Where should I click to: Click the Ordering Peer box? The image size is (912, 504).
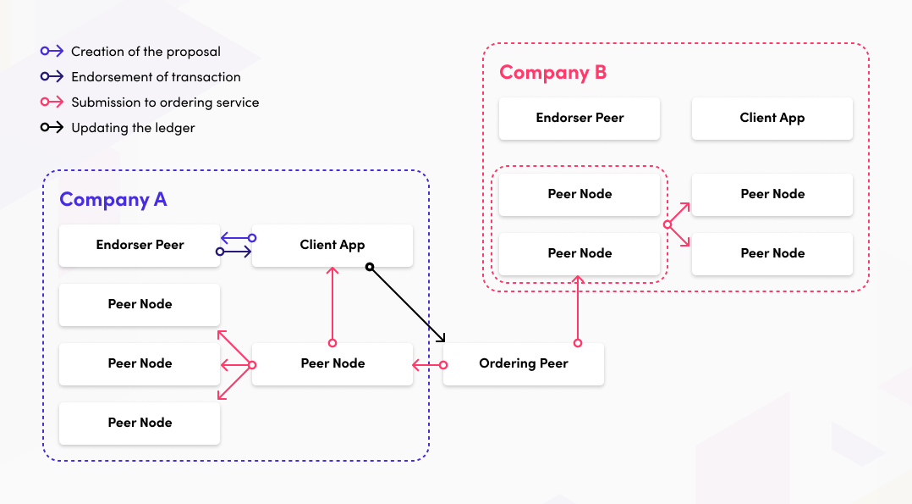523,364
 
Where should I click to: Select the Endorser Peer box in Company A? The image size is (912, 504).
140,246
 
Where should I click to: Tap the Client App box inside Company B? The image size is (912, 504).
772,119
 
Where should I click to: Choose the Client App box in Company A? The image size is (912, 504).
332,246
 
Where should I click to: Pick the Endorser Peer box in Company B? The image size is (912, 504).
580,119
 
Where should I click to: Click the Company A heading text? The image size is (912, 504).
113,200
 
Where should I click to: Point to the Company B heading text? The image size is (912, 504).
552,73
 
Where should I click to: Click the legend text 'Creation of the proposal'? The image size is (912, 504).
146,52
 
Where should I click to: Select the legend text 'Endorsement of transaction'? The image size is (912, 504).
156,77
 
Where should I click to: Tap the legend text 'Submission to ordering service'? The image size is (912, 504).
165,102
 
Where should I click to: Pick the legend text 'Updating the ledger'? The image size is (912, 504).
133,128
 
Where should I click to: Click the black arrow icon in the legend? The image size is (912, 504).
52,128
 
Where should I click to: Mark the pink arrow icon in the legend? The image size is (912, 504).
52,102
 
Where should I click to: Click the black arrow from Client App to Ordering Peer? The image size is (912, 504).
407,305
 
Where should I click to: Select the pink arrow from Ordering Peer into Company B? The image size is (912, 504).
578,309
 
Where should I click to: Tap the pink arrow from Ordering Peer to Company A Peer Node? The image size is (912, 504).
428,365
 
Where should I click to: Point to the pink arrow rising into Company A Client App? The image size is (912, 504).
332,305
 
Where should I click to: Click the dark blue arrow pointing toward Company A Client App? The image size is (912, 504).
236,252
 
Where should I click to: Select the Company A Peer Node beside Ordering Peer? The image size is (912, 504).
332,364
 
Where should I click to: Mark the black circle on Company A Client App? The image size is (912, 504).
370,267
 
